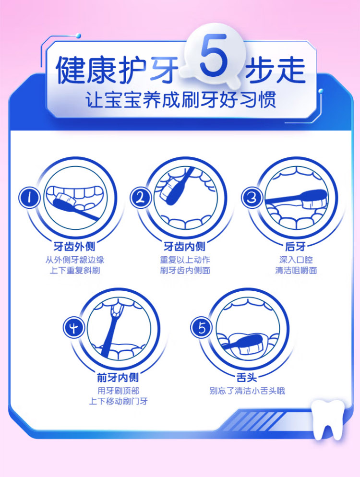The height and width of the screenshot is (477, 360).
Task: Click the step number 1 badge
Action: tap(29, 198)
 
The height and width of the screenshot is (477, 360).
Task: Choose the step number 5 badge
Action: tap(202, 328)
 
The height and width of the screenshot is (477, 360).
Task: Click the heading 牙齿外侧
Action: tap(74, 246)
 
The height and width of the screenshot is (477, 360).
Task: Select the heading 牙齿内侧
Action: tap(185, 246)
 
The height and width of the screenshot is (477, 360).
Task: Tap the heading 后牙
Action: tap(296, 246)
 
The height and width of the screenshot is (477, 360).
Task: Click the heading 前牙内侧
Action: tap(118, 378)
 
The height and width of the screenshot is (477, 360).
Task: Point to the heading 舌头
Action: tap(247, 378)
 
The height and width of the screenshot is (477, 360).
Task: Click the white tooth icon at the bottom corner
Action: tap(328, 420)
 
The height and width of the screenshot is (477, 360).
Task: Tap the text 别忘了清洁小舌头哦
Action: tap(247, 391)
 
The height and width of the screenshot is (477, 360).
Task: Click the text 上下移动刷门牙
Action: tap(119, 401)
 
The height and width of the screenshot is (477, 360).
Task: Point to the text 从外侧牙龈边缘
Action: tap(75, 260)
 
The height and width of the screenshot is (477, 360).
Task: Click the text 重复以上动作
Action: tap(185, 260)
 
